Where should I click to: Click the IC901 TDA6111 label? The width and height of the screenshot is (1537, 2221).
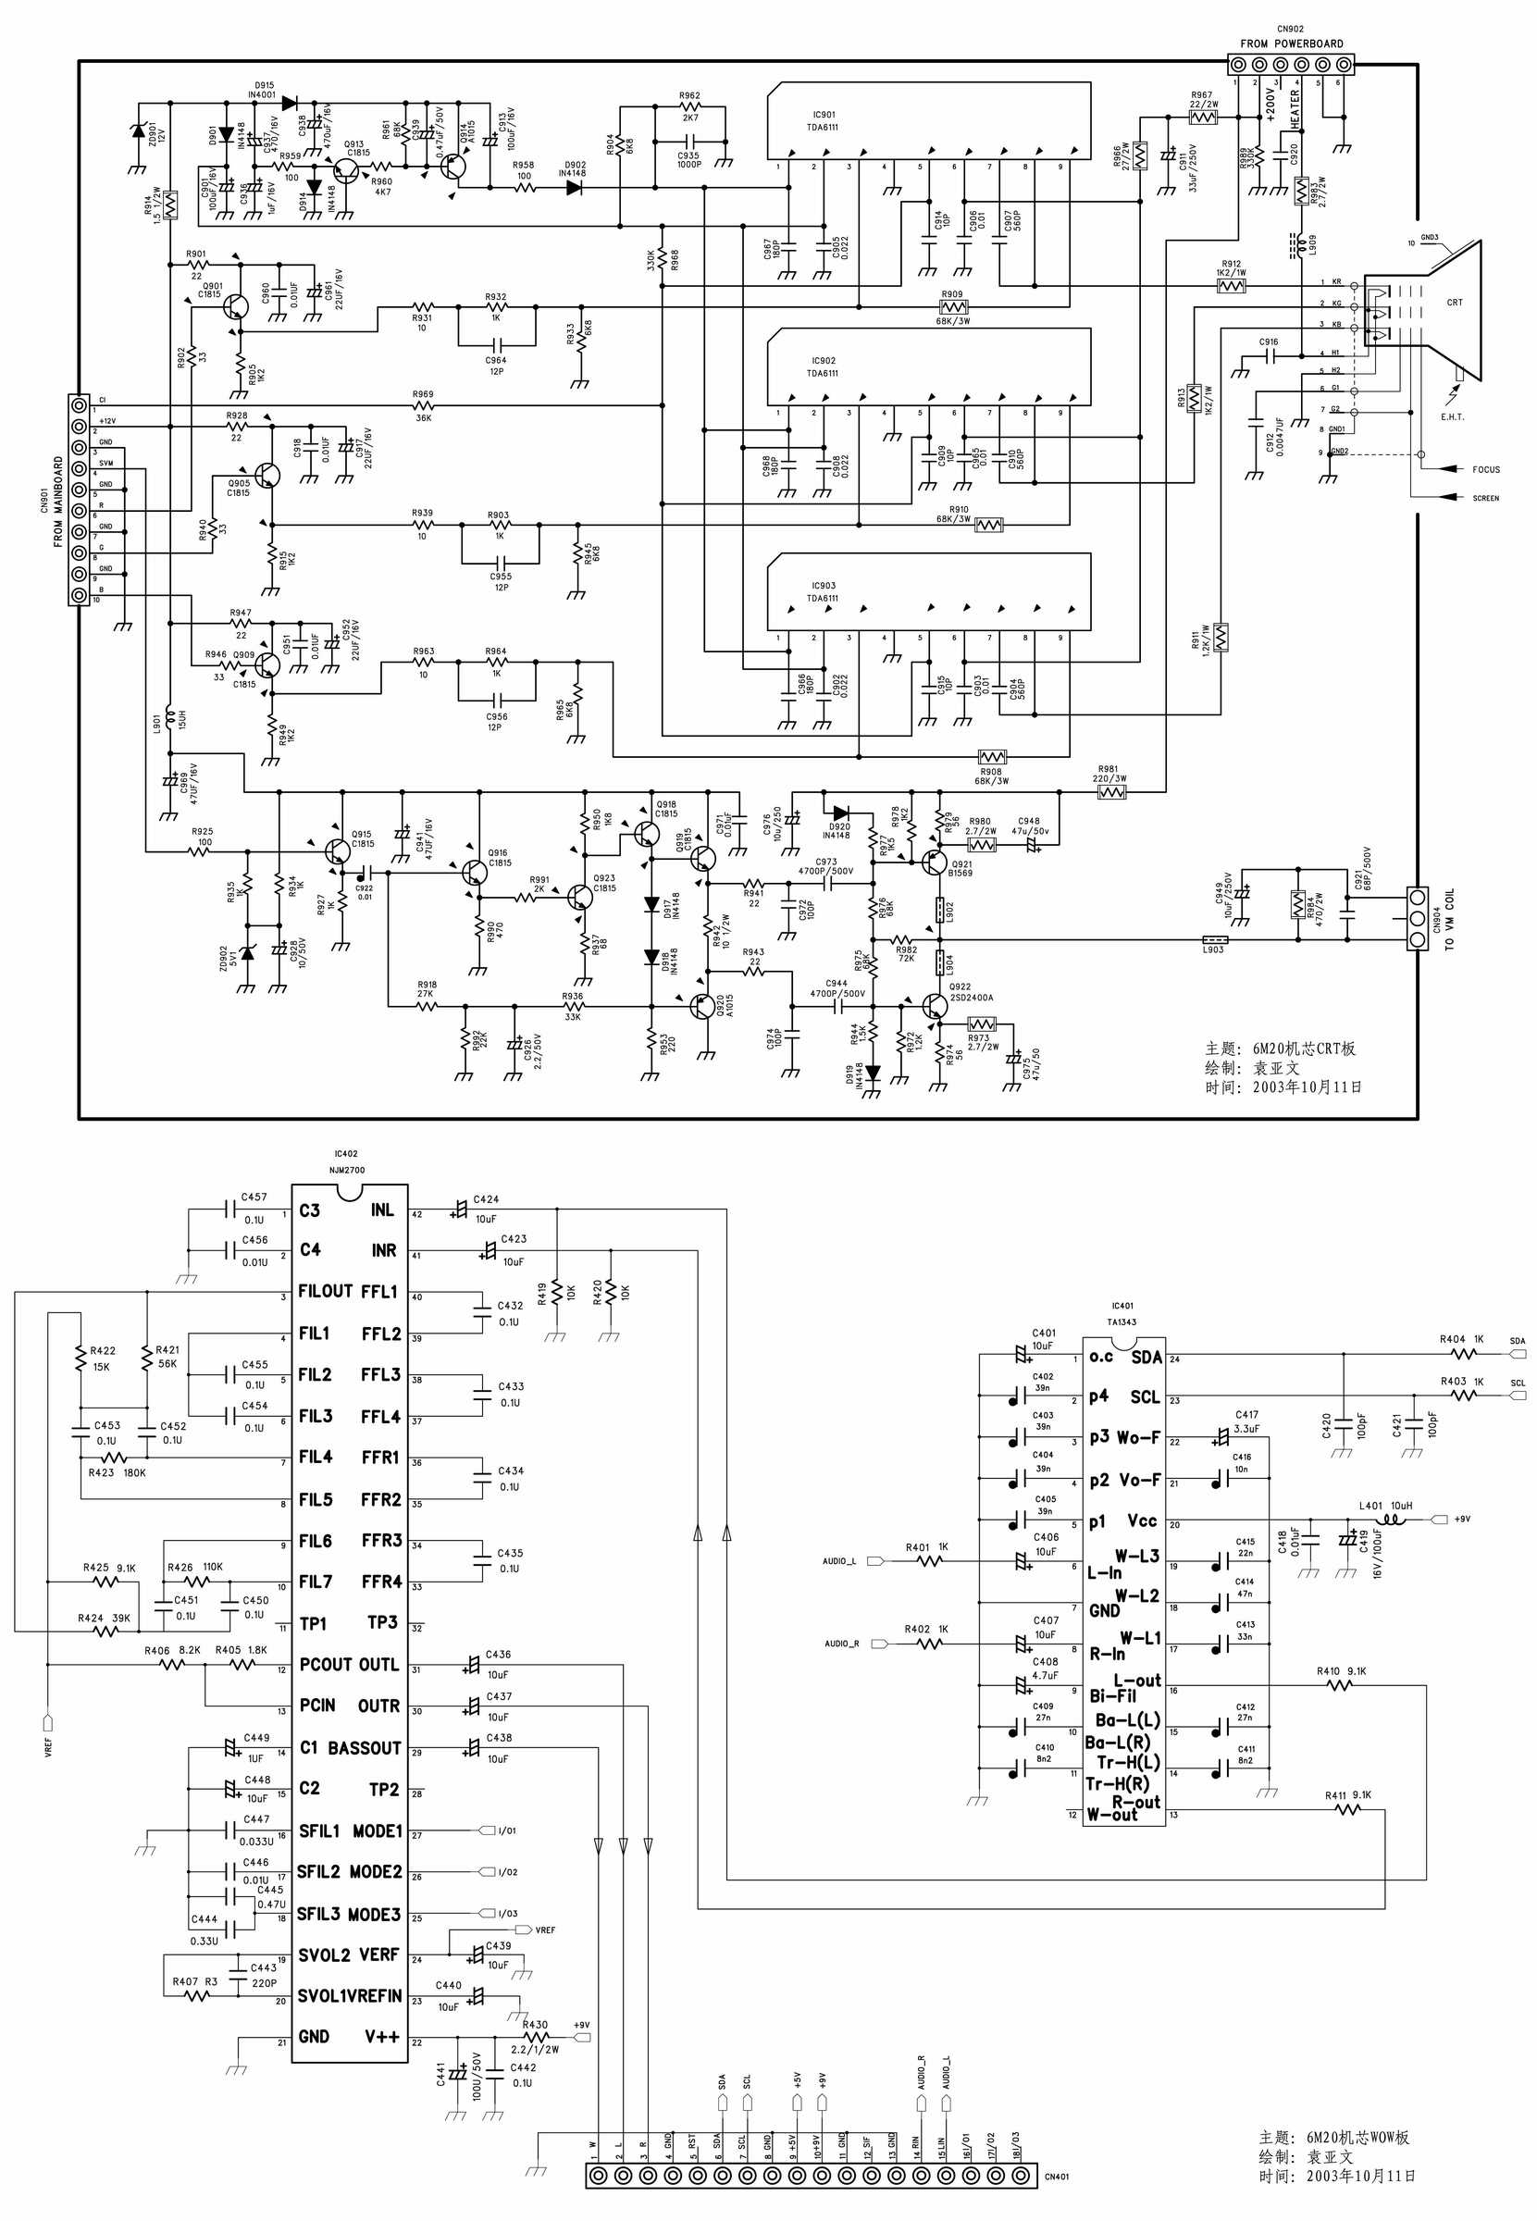coord(823,120)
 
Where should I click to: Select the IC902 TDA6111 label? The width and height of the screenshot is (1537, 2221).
coord(823,367)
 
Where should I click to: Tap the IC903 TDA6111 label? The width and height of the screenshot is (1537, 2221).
coord(823,591)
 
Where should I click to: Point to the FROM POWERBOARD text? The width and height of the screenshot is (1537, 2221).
coord(1291,43)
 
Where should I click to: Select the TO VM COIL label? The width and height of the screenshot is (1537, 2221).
coord(1450,919)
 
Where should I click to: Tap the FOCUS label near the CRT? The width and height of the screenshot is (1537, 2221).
coord(1485,470)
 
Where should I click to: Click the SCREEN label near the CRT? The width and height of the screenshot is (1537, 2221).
coord(1485,498)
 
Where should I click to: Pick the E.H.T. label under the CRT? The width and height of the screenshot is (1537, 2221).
coord(1452,417)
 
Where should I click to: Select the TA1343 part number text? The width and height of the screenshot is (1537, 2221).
coord(1121,1322)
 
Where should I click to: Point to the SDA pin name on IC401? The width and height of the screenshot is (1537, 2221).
coord(1146,1357)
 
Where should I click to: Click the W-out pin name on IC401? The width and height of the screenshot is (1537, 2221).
coord(1111,1815)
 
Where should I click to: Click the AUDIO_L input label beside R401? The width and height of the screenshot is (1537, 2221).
coord(838,1561)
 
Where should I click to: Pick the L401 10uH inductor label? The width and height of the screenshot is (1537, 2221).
coord(1385,1506)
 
